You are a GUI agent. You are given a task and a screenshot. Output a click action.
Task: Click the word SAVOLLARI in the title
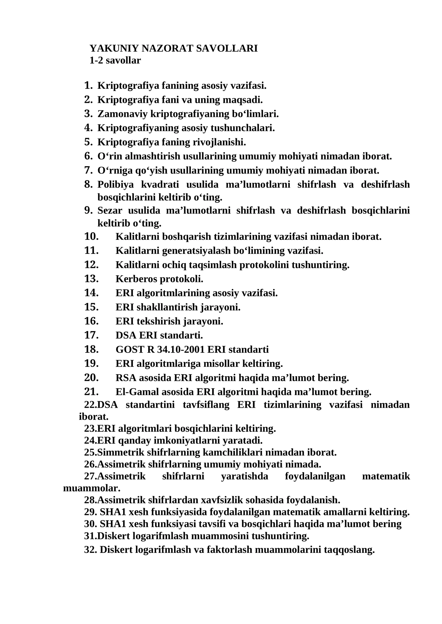[227, 49]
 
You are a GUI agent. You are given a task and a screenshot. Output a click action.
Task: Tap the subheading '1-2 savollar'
[115, 60]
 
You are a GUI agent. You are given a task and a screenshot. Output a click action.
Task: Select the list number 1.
[88, 86]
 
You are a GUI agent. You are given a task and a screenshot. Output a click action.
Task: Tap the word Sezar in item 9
[110, 210]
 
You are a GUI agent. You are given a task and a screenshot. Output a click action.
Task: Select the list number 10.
[91, 236]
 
